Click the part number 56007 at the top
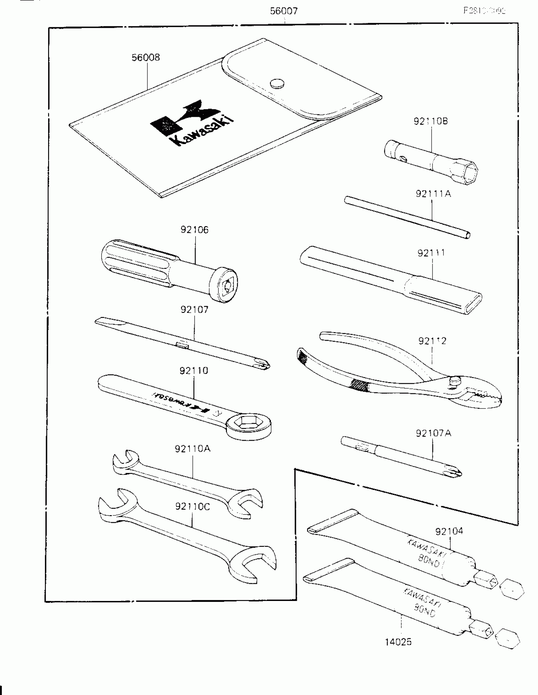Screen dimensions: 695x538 (x=284, y=11)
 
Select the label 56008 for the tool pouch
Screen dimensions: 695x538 (x=146, y=58)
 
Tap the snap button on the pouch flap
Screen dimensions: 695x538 (x=277, y=84)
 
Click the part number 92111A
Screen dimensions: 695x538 (x=433, y=194)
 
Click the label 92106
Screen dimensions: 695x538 (x=194, y=230)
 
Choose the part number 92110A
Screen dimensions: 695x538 (x=192, y=449)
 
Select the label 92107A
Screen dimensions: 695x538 (x=433, y=433)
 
